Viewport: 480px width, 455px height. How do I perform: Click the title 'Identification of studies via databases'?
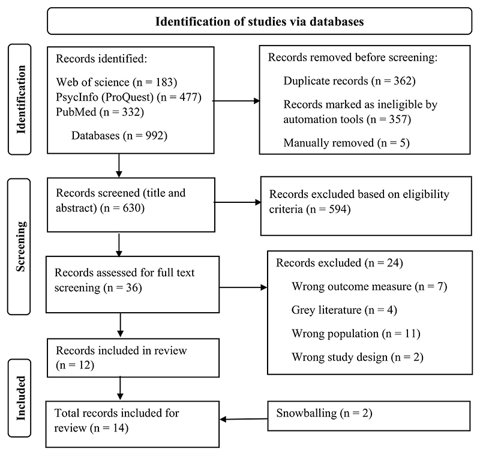260,22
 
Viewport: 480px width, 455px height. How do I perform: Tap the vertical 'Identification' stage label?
20,99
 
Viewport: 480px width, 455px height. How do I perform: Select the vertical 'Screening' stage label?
20,247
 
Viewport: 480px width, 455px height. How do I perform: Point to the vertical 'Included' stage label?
20,398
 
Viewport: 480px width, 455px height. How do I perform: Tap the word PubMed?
76,112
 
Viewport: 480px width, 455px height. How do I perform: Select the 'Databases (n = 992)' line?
119,135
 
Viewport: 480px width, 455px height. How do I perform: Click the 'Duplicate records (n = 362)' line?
349,81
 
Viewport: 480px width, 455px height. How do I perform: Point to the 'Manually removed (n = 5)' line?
346,143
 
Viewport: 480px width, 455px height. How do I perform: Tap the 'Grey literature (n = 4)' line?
344,310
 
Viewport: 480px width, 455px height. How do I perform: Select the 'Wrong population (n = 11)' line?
356,333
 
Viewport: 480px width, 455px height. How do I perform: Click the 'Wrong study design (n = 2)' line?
357,357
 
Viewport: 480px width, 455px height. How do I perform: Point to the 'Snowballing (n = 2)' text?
324,413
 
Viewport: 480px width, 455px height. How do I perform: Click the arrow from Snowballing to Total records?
244,419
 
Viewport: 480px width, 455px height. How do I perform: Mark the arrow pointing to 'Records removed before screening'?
236,101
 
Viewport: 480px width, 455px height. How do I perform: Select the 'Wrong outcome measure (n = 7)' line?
369,286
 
